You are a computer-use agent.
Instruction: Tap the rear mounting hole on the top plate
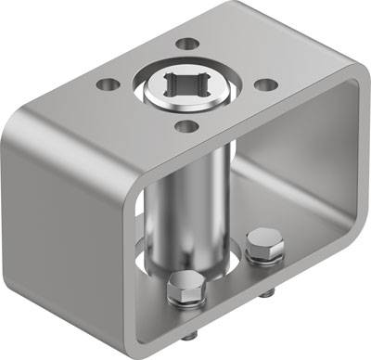coord(187,43)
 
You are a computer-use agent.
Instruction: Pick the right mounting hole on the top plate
coord(266,84)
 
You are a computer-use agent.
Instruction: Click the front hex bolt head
coord(184,289)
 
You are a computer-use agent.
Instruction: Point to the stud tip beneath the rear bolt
coord(268,293)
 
